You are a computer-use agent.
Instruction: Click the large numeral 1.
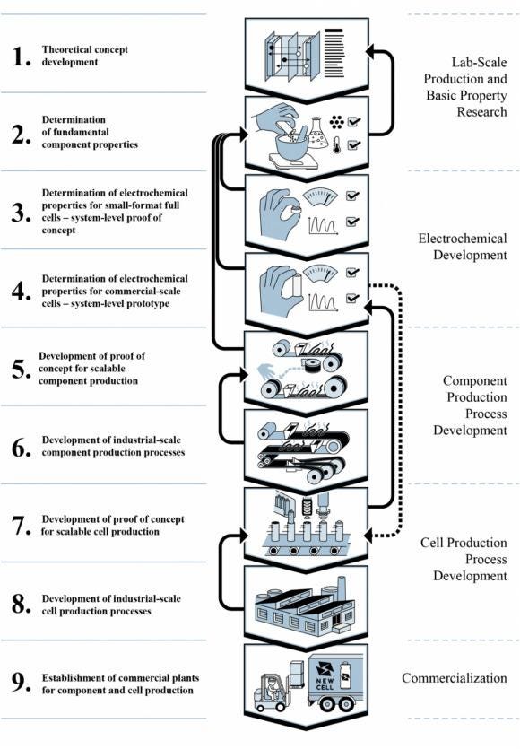point(21,57)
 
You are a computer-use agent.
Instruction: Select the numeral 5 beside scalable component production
point(21,369)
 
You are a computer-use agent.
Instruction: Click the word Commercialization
point(455,678)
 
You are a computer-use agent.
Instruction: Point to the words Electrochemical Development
point(463,247)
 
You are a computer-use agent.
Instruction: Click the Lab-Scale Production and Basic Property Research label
point(465,87)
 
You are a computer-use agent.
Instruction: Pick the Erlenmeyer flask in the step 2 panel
point(317,133)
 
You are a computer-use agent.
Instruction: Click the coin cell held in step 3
point(296,209)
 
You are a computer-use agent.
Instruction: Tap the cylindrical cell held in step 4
point(297,285)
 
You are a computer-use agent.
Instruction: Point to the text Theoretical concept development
point(84,56)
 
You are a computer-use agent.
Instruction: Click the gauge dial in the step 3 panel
point(319,196)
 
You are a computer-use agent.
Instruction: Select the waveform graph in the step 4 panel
point(324,302)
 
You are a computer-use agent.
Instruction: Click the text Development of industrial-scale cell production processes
point(111,605)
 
